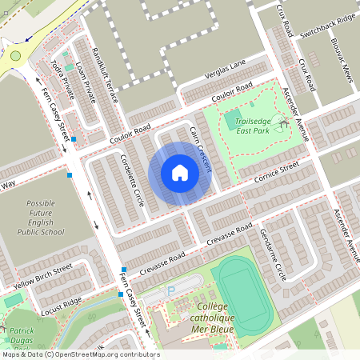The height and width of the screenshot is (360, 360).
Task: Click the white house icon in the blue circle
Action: [180, 173]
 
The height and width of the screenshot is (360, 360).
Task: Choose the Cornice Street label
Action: [277, 173]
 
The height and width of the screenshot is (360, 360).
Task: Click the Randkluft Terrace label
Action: [105, 73]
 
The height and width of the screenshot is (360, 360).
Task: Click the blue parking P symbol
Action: [170, 293]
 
